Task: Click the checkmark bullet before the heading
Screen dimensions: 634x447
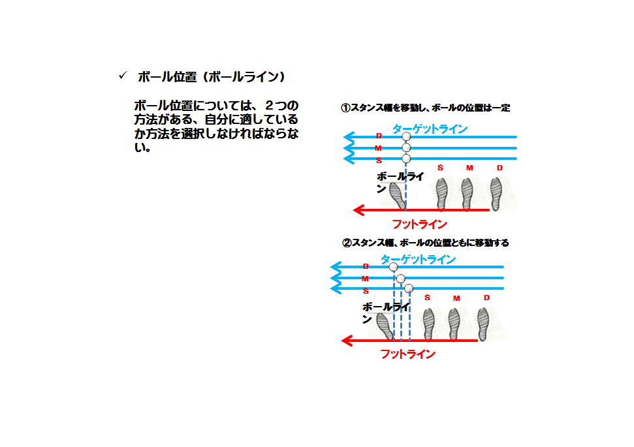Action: [123, 76]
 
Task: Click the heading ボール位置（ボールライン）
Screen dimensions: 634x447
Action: [212, 77]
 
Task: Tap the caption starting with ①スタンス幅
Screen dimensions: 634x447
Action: [425, 108]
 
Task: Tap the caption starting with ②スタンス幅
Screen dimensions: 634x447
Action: [425, 243]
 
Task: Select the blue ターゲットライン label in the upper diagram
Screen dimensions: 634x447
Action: [430, 129]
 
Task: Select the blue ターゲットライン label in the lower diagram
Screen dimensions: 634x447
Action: [418, 260]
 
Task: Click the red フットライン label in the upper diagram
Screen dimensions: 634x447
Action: [420, 224]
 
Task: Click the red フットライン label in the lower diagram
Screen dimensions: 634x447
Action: [408, 354]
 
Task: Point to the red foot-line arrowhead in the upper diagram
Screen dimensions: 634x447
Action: [358, 210]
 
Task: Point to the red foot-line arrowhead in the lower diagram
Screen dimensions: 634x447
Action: [347, 341]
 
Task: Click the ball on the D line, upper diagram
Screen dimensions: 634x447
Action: [406, 136]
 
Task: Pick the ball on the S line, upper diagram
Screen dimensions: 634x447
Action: [406, 159]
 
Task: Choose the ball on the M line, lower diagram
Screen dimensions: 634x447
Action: [401, 278]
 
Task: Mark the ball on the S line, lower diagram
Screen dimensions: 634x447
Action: [409, 288]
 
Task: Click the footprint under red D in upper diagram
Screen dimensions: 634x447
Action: [496, 194]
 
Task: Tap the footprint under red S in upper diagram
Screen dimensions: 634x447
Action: [441, 194]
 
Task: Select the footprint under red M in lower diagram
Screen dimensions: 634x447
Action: [454, 324]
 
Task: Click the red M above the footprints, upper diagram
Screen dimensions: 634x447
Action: [469, 168]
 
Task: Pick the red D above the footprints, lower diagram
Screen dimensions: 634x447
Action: [486, 298]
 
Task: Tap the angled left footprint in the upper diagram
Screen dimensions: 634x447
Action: [398, 196]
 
